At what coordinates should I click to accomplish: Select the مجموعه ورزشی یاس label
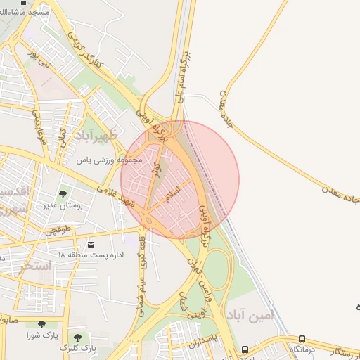coord(110,160)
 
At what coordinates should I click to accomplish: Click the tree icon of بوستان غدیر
coord(63,195)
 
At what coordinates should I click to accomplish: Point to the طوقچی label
coord(59,230)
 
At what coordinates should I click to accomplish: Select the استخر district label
coord(36,266)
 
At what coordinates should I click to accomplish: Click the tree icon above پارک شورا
coord(41,324)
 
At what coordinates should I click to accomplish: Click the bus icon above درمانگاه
coord(302,338)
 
